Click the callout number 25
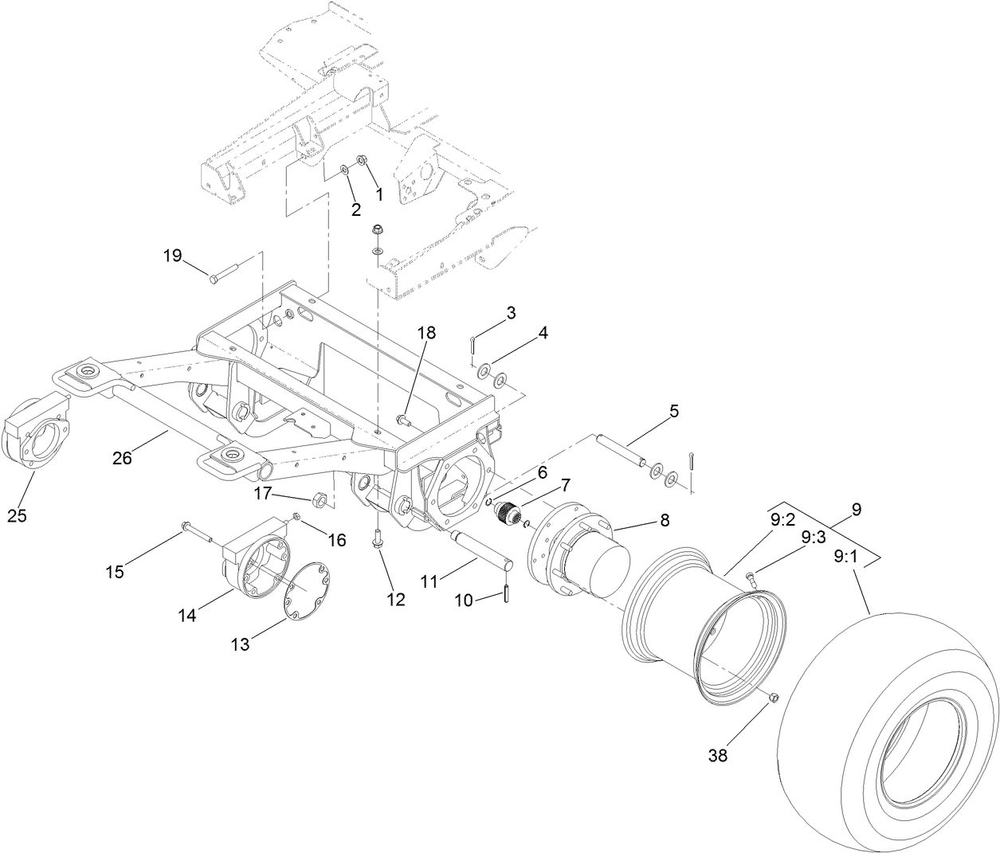point(17,515)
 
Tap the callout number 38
point(718,756)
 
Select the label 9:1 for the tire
point(846,558)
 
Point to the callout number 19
point(173,256)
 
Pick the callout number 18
point(426,333)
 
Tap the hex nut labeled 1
point(361,161)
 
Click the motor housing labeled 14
point(251,561)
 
